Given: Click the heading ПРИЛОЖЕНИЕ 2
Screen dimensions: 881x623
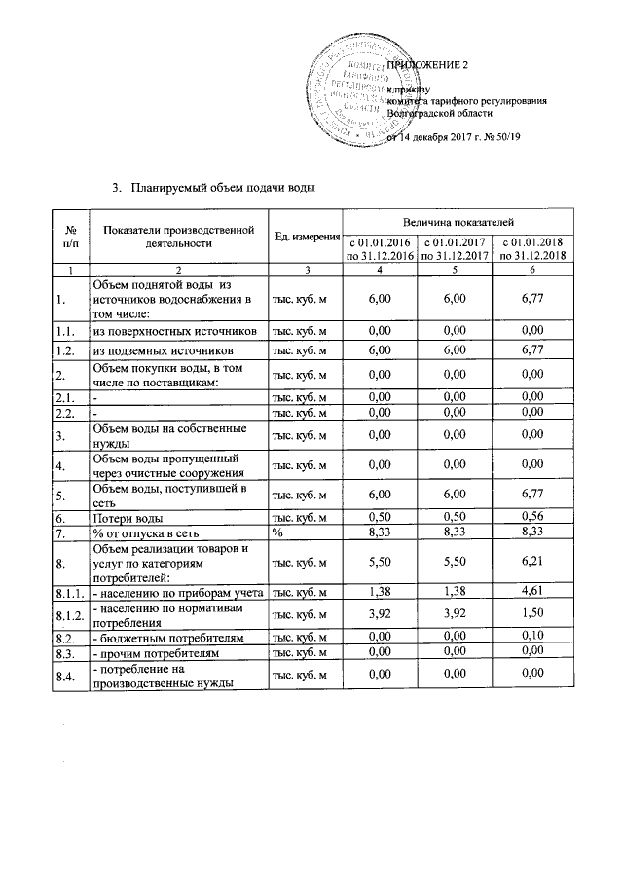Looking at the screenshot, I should tap(428, 64).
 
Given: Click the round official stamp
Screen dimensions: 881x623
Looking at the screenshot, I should tap(350, 95).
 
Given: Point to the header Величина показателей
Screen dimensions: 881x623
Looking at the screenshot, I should tap(458, 224).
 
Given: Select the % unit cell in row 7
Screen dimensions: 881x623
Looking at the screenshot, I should tap(277, 533).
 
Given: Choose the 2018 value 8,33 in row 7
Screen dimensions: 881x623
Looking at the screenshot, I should tap(531, 533).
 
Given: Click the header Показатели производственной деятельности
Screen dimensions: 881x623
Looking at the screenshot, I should tap(175, 237).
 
